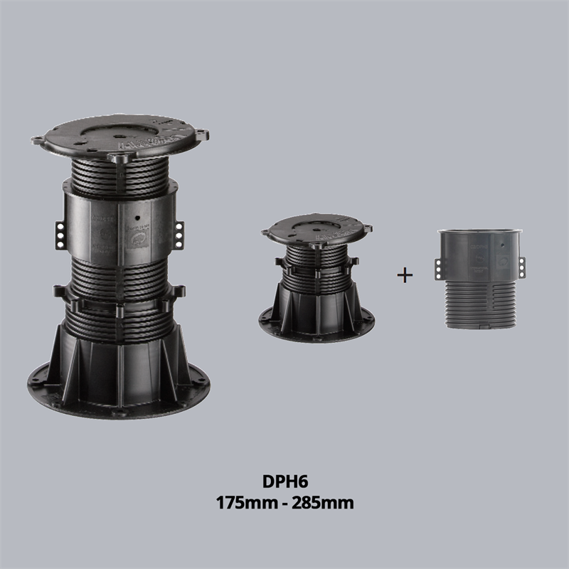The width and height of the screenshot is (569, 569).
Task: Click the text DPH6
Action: (x=285, y=482)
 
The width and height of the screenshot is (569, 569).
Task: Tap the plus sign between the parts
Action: (x=405, y=275)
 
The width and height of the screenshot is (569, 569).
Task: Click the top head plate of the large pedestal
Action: (x=119, y=136)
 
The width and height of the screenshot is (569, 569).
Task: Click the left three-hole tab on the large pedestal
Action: (x=60, y=235)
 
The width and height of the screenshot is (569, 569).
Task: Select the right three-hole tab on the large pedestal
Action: (x=179, y=235)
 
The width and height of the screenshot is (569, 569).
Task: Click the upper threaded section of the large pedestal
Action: (x=119, y=178)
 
